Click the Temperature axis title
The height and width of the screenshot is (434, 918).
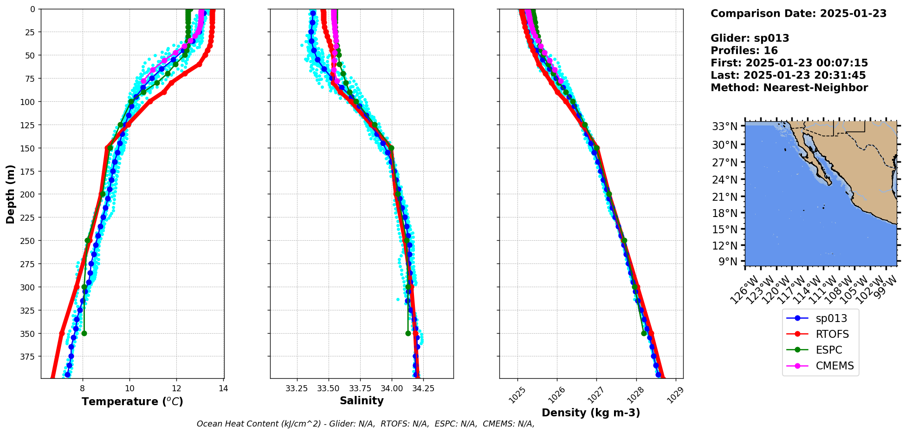(x=132, y=401)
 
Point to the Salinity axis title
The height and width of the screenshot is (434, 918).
(x=362, y=401)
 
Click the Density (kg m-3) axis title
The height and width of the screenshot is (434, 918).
(x=591, y=413)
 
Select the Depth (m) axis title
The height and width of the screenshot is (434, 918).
(x=10, y=194)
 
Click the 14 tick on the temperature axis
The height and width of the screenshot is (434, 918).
(x=223, y=388)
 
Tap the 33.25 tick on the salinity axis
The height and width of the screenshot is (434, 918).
(x=297, y=388)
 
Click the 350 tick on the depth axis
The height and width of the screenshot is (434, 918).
(x=29, y=334)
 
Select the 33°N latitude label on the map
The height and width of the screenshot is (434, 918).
(x=724, y=126)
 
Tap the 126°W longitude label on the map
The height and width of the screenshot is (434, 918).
(x=743, y=289)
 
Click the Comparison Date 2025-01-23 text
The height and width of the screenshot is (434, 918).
(x=798, y=13)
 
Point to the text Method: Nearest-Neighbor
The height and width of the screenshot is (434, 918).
(x=789, y=88)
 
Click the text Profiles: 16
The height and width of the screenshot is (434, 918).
(x=744, y=51)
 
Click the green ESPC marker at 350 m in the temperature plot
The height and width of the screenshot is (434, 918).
(x=84, y=333)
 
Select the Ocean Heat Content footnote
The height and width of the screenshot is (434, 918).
(x=365, y=424)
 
